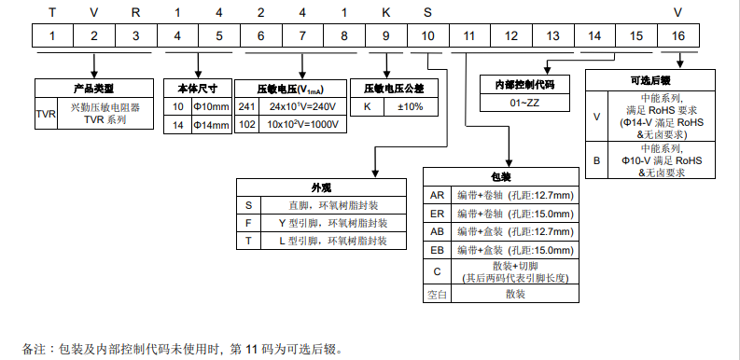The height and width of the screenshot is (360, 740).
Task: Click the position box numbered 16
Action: click(677, 36)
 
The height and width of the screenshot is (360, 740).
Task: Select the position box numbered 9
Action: click(385, 36)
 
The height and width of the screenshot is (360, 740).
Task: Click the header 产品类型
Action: click(93, 90)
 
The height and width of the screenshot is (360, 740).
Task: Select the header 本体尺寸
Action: click(197, 90)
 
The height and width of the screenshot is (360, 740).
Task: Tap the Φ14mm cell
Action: click(210, 124)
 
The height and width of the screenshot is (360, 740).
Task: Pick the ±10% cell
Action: click(411, 107)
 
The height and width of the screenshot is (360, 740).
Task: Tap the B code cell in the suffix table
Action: click(597, 160)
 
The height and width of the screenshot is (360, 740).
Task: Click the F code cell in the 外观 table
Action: click(248, 223)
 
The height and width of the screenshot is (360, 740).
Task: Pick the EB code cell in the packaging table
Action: click(437, 250)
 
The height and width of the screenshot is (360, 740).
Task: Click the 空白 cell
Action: click(437, 294)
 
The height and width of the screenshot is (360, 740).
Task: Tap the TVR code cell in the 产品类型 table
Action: click(46, 115)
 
